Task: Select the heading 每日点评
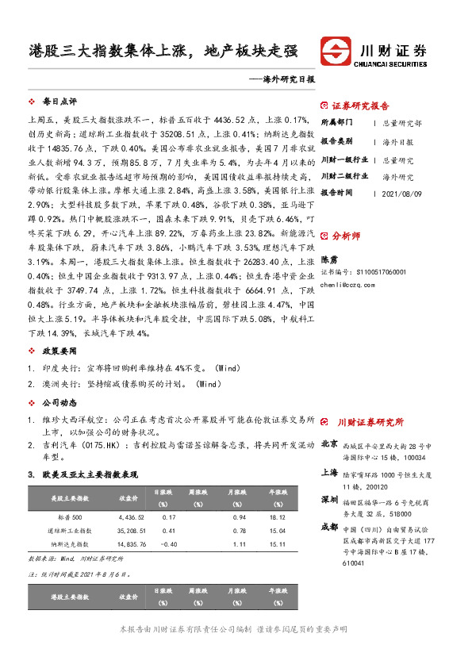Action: (59, 102)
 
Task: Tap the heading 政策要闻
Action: (59, 350)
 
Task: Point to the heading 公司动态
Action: (59, 401)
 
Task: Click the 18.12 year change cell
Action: (277, 517)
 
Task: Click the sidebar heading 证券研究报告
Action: (359, 106)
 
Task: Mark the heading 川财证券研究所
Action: (370, 422)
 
